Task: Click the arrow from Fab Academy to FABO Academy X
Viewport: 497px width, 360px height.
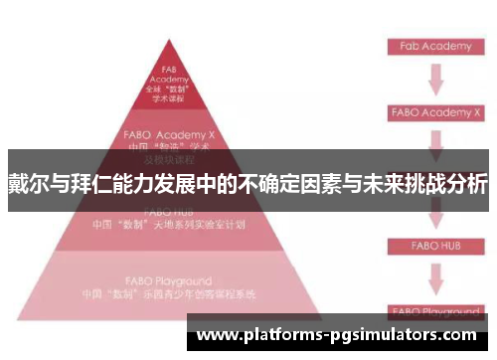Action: [434, 79]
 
